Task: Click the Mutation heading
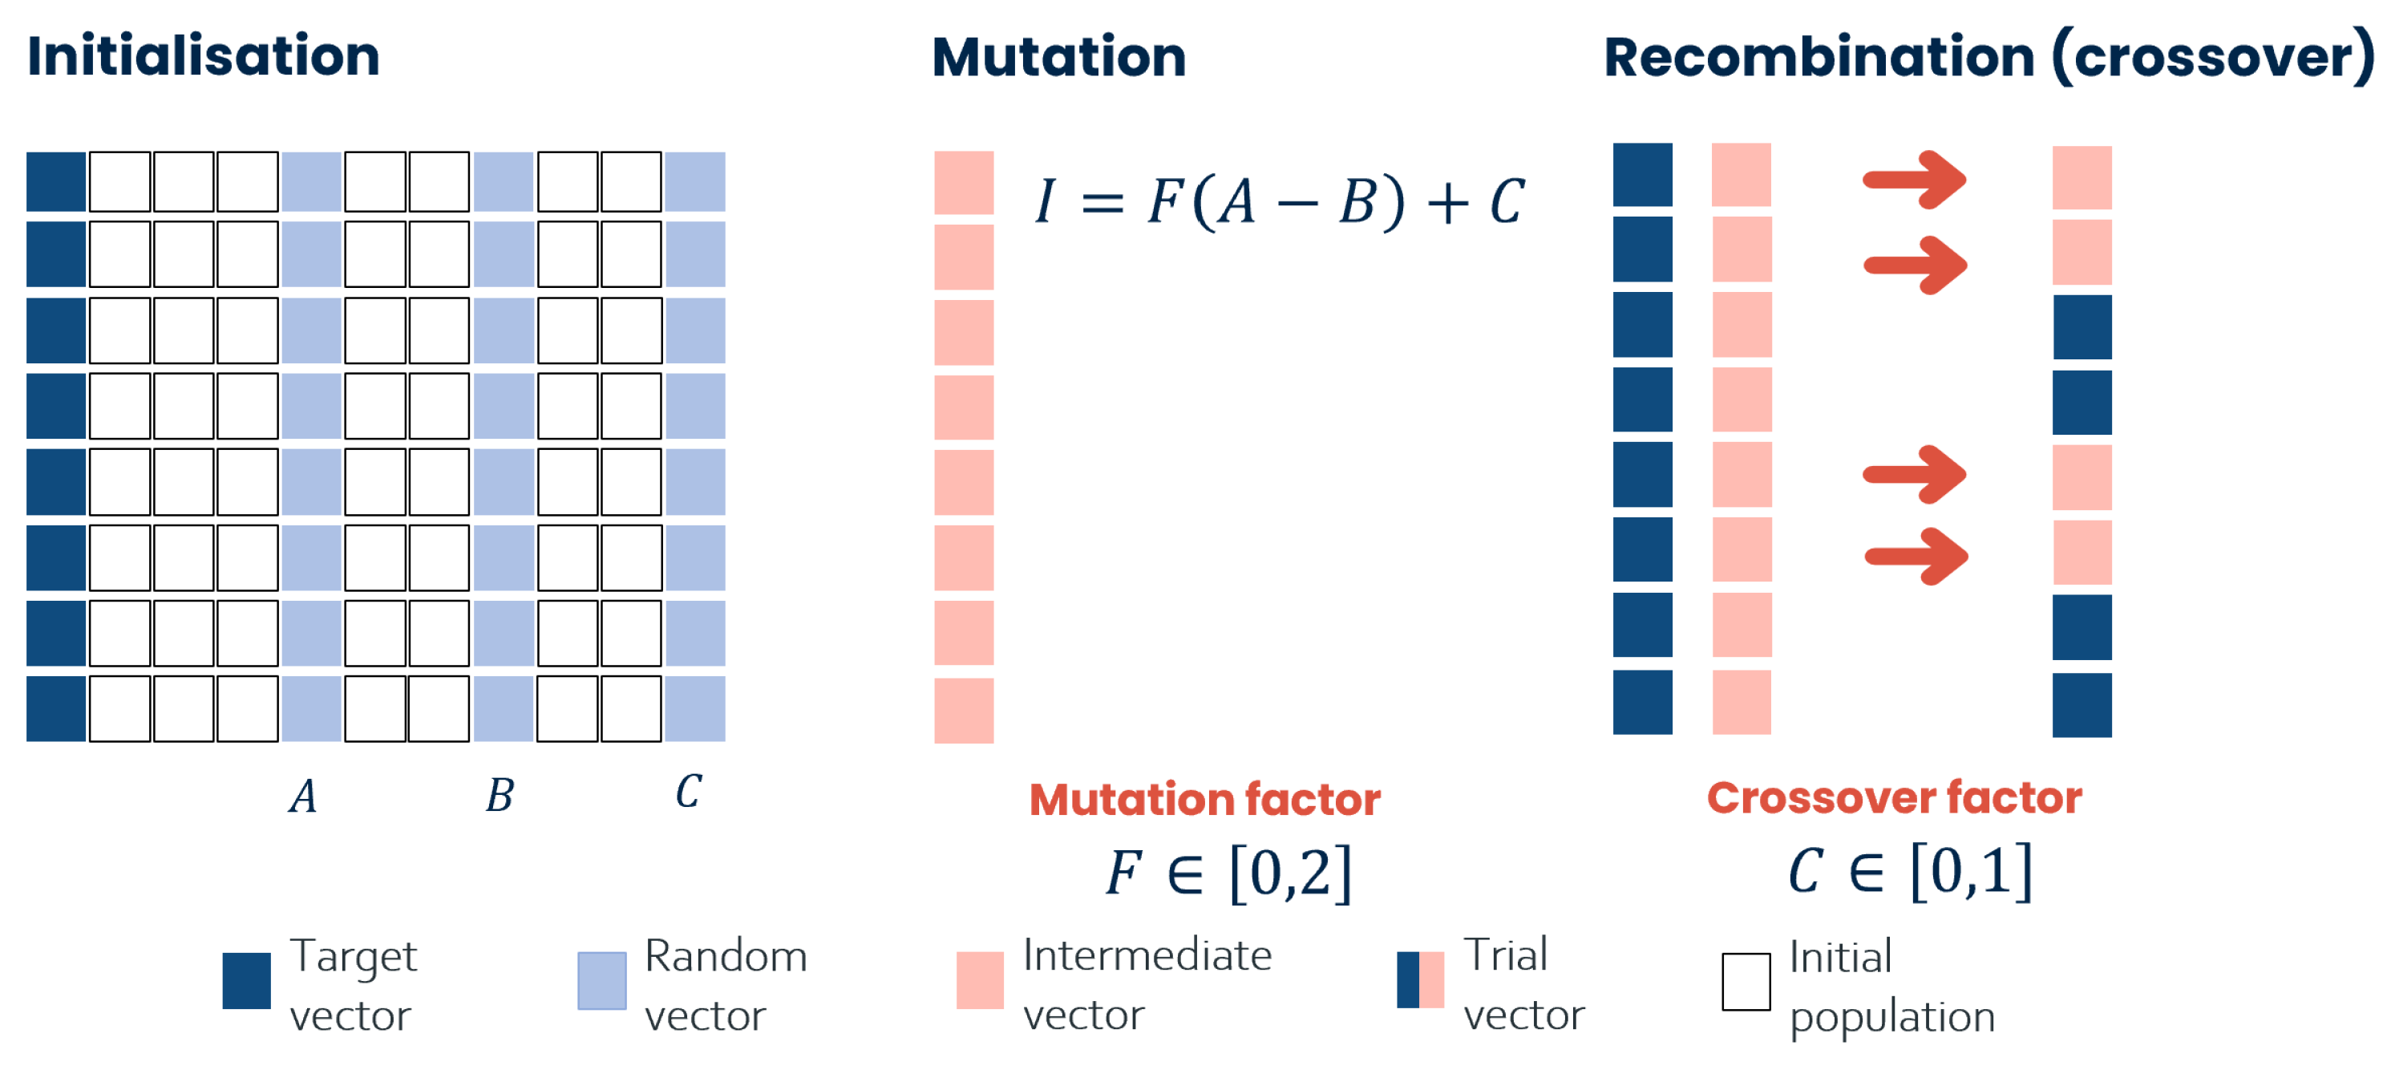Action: tap(1058, 58)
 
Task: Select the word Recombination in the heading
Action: tap(1819, 58)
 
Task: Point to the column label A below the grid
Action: tap(302, 796)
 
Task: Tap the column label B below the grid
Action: tap(500, 796)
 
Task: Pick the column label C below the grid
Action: tap(688, 792)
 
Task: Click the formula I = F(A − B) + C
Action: tap(1279, 201)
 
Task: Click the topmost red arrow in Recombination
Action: tap(1914, 179)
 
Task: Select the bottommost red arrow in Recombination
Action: tap(1916, 556)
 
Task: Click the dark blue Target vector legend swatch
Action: tap(247, 980)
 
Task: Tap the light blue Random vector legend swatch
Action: tap(601, 980)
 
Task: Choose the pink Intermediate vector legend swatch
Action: tap(979, 980)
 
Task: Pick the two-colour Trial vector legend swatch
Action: tap(1420, 980)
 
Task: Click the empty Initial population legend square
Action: tap(1746, 982)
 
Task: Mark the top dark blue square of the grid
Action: tap(55, 182)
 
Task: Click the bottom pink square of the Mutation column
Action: tap(964, 711)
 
